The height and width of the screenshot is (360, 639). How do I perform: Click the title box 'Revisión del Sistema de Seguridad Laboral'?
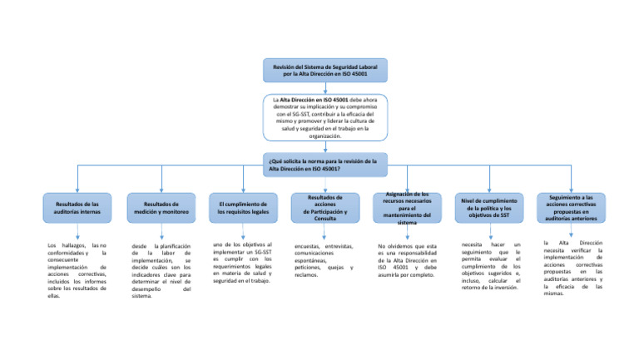pyautogui.click(x=324, y=70)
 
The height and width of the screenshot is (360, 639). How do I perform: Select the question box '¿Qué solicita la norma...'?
pyautogui.click(x=324, y=164)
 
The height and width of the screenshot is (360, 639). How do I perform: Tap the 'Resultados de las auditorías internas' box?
pyautogui.click(x=77, y=208)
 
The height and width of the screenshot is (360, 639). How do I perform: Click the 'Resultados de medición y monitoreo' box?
pyautogui.click(x=161, y=208)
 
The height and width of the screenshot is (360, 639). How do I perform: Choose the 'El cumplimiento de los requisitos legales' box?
pyautogui.click(x=242, y=208)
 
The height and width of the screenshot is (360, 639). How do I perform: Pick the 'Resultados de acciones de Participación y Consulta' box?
pyautogui.click(x=324, y=208)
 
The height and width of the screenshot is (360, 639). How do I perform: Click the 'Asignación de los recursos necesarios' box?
pyautogui.click(x=407, y=208)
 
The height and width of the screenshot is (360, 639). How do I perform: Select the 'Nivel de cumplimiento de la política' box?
pyautogui.click(x=489, y=208)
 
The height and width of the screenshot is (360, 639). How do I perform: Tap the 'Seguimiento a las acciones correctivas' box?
pyautogui.click(x=571, y=208)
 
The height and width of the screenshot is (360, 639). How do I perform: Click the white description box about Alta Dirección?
pyautogui.click(x=324, y=117)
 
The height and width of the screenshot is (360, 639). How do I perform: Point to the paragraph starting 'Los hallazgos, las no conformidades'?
pyautogui.click(x=77, y=269)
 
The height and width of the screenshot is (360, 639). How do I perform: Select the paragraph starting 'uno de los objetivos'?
pyautogui.click(x=242, y=263)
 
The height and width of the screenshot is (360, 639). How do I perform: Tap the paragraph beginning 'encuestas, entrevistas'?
pyautogui.click(x=324, y=259)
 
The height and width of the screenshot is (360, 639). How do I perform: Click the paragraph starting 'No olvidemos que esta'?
pyautogui.click(x=407, y=259)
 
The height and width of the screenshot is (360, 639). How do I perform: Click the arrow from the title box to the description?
pyautogui.click(x=324, y=88)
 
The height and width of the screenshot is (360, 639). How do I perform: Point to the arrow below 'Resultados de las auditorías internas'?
pyautogui.click(x=77, y=232)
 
